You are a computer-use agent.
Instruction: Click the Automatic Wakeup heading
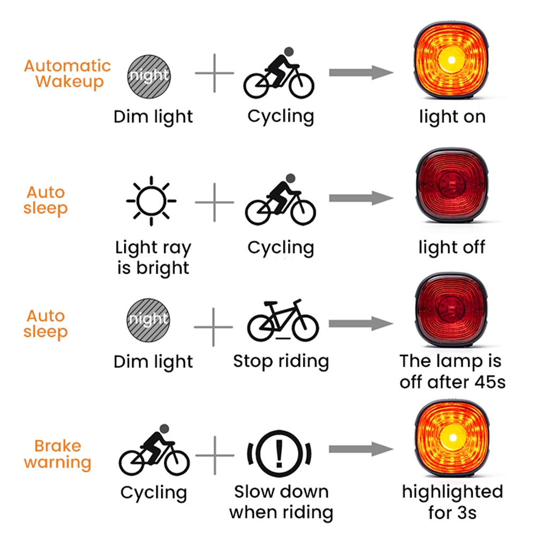(x=67, y=74)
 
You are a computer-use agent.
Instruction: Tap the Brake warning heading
(x=58, y=454)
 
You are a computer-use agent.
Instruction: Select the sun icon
(x=151, y=201)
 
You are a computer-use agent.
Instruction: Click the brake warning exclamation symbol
(x=280, y=454)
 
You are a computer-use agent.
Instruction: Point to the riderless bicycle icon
(x=283, y=320)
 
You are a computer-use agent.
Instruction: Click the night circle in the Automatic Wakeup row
(x=149, y=76)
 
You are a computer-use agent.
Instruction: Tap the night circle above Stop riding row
(x=148, y=320)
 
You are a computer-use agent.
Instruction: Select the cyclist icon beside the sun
(x=280, y=199)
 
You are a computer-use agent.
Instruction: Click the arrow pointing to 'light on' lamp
(x=361, y=72)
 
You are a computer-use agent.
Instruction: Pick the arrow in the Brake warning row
(x=361, y=449)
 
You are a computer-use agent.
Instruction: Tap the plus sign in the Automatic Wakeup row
(x=215, y=73)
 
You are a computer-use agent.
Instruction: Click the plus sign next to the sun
(x=215, y=202)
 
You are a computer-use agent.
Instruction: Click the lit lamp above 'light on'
(x=451, y=61)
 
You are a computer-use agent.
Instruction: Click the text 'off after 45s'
(x=452, y=382)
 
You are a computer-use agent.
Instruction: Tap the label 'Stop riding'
(x=281, y=362)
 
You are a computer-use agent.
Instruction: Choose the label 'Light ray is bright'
(x=153, y=258)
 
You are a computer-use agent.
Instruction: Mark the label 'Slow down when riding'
(x=281, y=502)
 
